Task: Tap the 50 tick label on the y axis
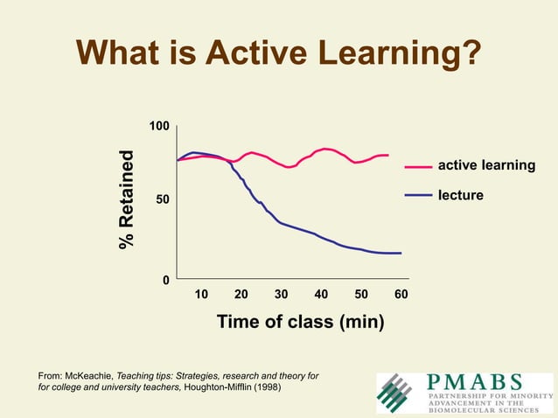pos(162,201)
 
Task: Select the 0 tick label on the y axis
pos(165,280)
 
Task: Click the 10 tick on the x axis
pos(200,295)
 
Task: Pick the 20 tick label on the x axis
pos(241,295)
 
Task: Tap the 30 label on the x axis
pos(281,295)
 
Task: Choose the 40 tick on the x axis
pos(321,295)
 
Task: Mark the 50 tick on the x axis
pos(361,295)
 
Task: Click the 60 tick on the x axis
pos(401,295)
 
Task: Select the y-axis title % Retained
pos(128,200)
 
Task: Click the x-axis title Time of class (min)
pos(300,321)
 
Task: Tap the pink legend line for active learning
pos(418,166)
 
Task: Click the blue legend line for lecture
pos(418,195)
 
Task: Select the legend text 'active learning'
pos(485,165)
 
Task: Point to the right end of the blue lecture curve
pos(400,253)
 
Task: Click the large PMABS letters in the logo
pos(475,382)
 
